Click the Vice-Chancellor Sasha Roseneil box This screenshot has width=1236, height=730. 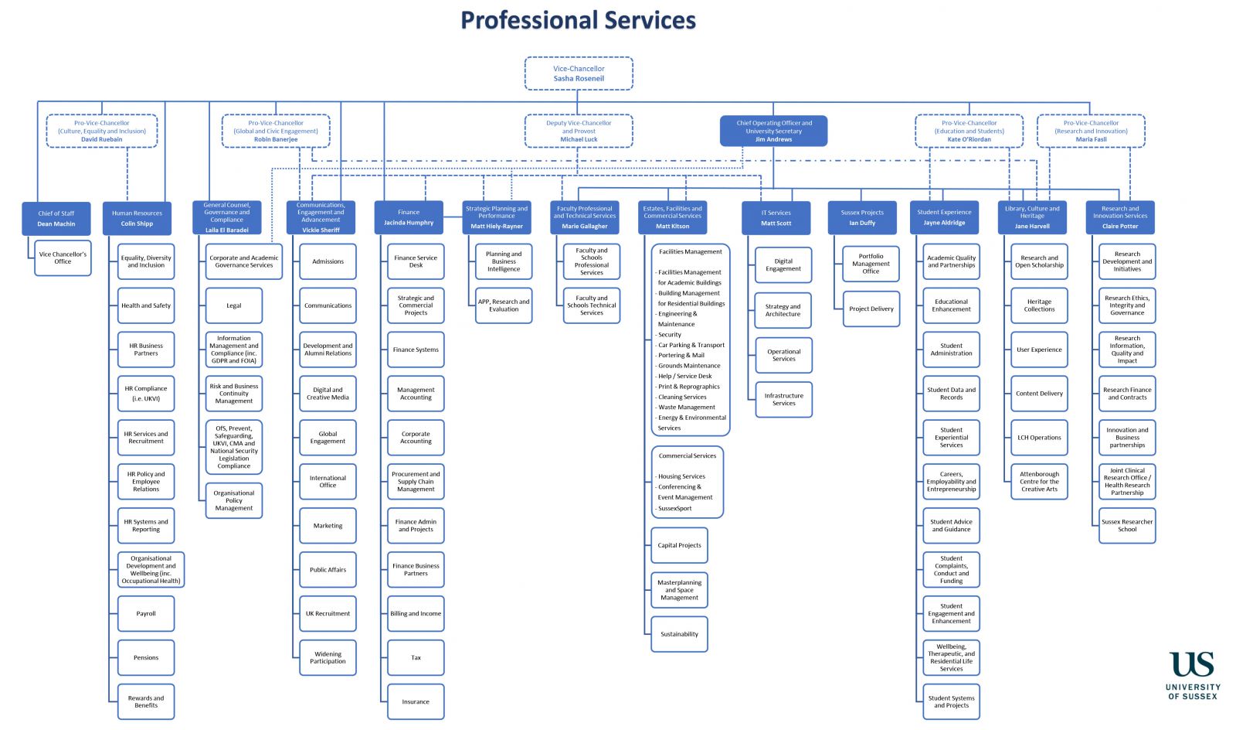tap(579, 73)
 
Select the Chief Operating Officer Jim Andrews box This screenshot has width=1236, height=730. tap(773, 131)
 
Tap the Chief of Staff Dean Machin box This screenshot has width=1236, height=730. tap(56, 218)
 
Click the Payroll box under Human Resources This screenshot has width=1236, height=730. tap(146, 613)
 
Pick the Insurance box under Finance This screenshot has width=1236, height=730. tap(416, 701)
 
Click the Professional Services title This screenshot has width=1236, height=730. tap(578, 20)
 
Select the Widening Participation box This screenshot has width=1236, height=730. tap(328, 657)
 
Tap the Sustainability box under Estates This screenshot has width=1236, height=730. tap(679, 634)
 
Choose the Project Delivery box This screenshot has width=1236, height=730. tap(871, 309)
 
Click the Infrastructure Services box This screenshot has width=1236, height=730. tap(783, 399)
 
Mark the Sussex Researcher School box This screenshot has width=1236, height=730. tap(1127, 525)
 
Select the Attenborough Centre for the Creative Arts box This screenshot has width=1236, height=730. tap(1039, 481)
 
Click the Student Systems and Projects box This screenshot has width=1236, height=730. tap(951, 701)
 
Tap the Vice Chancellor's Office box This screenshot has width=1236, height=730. tap(63, 258)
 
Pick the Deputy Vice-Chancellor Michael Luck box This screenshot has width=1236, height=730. tap(579, 131)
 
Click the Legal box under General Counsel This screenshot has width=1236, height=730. tap(234, 305)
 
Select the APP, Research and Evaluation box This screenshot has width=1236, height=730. tap(504, 305)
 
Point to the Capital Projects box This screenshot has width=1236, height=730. tap(679, 545)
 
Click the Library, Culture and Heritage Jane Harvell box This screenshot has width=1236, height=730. tap(1032, 217)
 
